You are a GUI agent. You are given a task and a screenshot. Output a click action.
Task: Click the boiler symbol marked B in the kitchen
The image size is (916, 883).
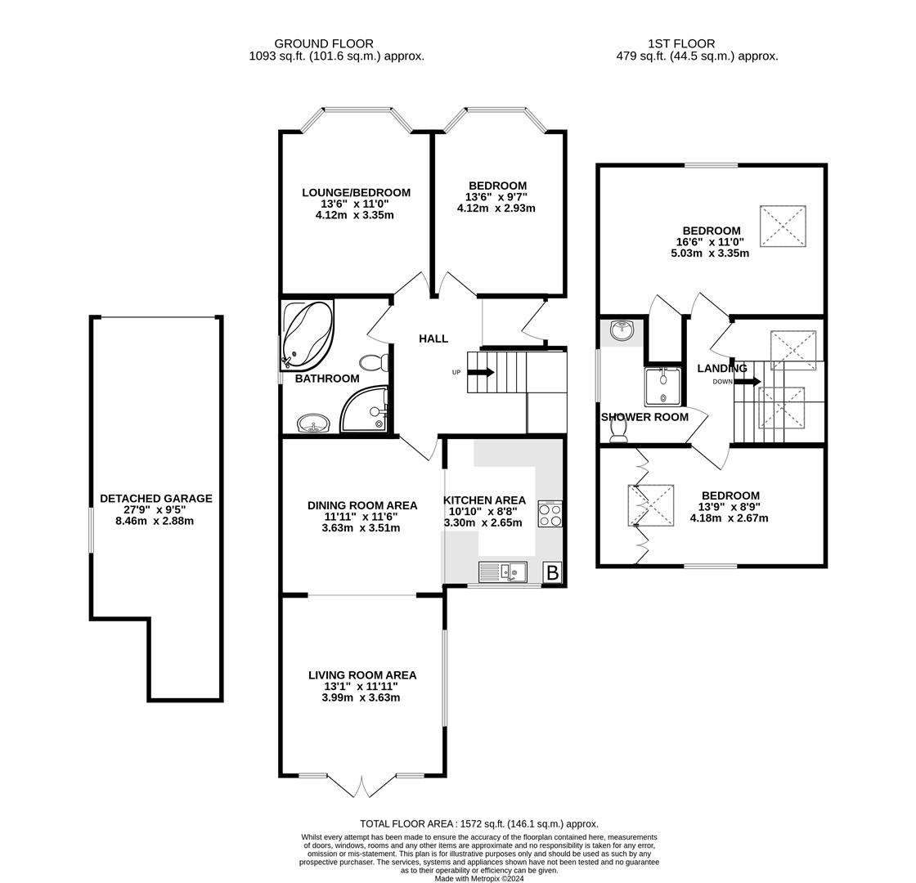coord(552,573)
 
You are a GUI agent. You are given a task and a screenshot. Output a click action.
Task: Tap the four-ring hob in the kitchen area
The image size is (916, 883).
coord(550,514)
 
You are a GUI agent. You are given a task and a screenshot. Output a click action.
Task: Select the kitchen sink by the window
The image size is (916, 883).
coord(503,572)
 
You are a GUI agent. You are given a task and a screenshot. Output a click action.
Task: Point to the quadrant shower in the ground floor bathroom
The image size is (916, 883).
coord(366,410)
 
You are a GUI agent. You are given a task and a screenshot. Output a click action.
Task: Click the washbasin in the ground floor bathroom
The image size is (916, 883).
coord(312,424)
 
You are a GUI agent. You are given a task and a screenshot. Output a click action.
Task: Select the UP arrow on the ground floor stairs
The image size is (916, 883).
coord(482,373)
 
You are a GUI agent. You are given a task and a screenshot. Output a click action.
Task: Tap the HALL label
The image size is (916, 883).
coord(433,338)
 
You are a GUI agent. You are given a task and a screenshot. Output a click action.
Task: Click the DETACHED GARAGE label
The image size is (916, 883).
coord(155,498)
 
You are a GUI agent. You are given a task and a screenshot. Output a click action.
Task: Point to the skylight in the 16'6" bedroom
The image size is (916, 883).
coord(783,226)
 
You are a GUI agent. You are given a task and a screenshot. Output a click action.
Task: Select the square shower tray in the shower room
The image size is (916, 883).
coord(662,387)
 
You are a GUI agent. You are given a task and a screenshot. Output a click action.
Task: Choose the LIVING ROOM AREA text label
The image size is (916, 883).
coord(362,675)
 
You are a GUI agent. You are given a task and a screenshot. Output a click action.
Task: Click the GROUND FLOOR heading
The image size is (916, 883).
coord(324,43)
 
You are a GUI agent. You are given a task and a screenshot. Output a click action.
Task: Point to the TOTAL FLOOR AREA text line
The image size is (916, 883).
coord(479,824)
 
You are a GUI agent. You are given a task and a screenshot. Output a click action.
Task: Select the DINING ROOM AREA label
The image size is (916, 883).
coord(362,505)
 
